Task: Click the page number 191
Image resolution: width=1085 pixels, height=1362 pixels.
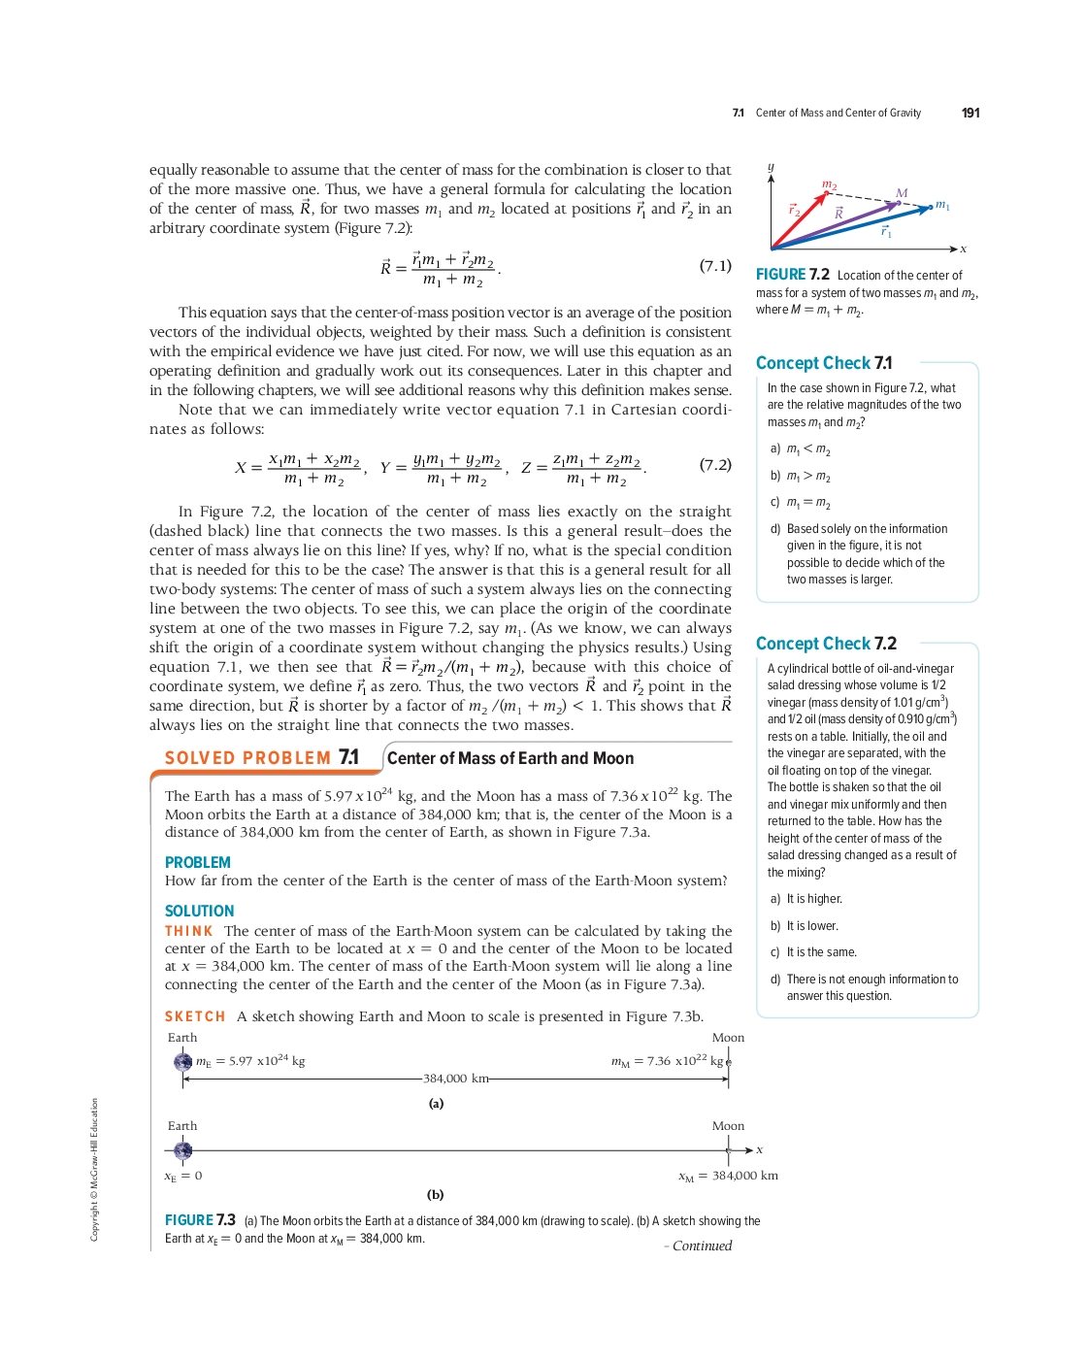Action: (970, 114)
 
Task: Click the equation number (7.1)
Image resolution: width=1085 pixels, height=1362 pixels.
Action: (715, 266)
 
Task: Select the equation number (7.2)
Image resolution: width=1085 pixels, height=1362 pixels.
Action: (715, 465)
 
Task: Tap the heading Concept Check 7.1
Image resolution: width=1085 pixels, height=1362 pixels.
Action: (824, 363)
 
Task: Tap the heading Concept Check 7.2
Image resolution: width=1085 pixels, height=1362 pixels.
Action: (826, 644)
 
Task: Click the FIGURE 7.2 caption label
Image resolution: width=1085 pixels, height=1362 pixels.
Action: (793, 275)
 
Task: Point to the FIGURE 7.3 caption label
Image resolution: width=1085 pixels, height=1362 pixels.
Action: (200, 1220)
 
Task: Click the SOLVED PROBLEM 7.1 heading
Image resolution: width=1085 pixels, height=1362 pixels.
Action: (262, 758)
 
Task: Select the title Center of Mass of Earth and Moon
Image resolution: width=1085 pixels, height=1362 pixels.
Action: (510, 758)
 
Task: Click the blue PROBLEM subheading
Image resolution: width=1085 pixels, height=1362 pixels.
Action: (198, 862)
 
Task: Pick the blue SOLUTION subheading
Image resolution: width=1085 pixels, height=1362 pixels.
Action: (200, 911)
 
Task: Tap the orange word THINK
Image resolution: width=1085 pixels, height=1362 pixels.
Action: (188, 931)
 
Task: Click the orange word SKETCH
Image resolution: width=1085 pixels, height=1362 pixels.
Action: (195, 1016)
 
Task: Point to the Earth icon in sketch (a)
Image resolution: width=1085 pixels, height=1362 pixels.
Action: (182, 1062)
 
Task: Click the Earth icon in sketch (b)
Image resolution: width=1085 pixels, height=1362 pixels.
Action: (182, 1150)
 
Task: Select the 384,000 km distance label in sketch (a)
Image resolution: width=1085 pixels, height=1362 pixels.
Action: (455, 1079)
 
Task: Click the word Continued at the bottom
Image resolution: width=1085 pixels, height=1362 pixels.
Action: (702, 1246)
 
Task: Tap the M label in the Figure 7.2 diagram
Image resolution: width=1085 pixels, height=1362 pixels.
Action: (902, 193)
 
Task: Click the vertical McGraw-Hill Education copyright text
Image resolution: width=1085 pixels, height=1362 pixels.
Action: (95, 1169)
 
